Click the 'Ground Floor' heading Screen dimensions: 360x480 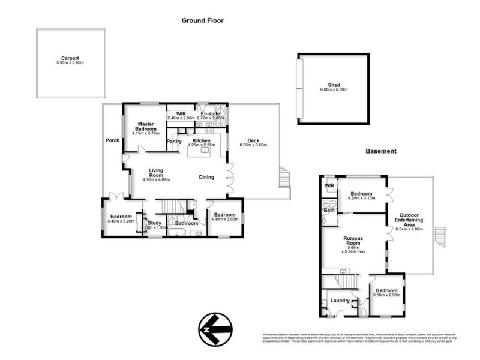click(x=202, y=20)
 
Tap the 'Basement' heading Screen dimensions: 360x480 click(x=381, y=151)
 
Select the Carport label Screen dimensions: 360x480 click(x=70, y=58)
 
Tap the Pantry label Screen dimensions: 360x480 click(x=174, y=141)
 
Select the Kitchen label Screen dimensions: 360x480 click(x=202, y=140)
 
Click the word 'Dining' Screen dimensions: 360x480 click(x=207, y=177)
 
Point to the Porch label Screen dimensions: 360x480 click(x=112, y=141)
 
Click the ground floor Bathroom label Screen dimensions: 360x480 click(x=187, y=223)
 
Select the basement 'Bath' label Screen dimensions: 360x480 click(x=329, y=211)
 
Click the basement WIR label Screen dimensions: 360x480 click(x=329, y=186)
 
